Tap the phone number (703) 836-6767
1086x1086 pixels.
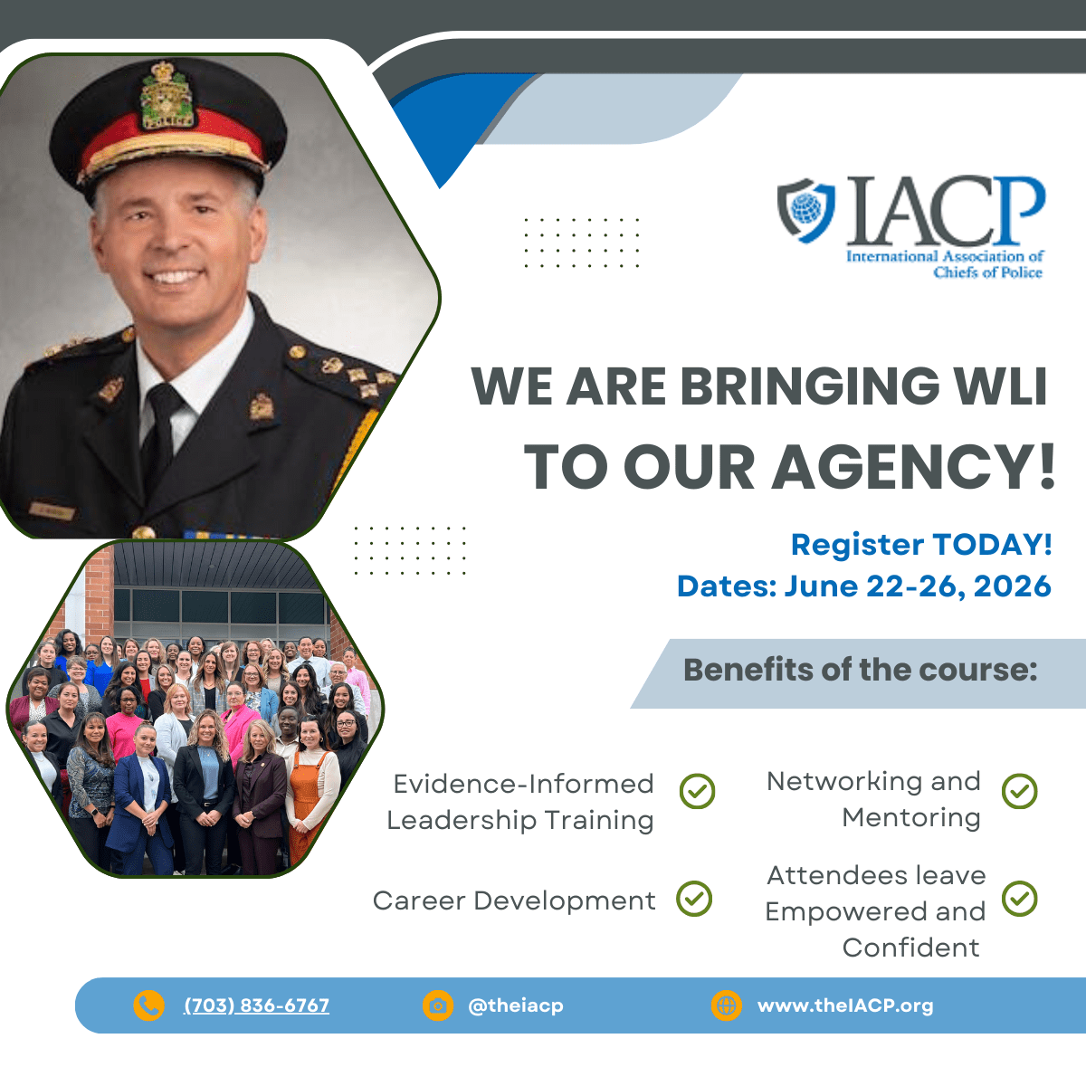pos(256,1005)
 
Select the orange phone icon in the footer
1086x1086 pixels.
pos(148,1005)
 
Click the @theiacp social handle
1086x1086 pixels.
pos(516,1005)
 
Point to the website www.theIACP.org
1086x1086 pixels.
pos(845,1005)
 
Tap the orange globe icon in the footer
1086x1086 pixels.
pos(726,1005)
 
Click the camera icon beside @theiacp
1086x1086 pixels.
pos(438,1005)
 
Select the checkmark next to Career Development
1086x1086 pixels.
pos(694,899)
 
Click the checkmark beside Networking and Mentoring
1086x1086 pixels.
pos(1019,791)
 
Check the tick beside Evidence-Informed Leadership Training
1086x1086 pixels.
pos(697,791)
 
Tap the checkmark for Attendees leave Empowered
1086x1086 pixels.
pos(1019,899)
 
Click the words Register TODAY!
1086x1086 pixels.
pos(921,545)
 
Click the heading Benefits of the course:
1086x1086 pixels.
pos(860,670)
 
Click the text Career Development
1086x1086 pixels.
pos(514,900)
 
